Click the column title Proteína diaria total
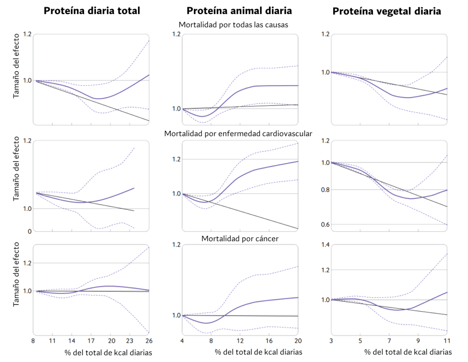(92, 11)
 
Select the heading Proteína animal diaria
(239, 11)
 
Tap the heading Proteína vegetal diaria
(387, 11)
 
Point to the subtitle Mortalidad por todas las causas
(234, 25)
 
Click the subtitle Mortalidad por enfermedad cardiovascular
(238, 133)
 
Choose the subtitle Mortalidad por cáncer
(240, 239)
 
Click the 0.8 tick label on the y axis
(325, 190)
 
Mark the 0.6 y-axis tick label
(325, 224)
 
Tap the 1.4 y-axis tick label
(325, 245)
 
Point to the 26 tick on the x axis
(149, 341)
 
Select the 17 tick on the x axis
(91, 341)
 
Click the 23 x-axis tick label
(129, 341)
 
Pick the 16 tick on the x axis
(269, 341)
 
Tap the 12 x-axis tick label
(240, 341)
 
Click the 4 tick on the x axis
(182, 341)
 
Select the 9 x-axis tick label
(418, 341)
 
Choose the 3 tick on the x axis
(331, 341)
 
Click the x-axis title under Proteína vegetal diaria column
(408, 352)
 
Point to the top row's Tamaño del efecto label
(16, 66)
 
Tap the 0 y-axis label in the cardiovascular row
(30, 232)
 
